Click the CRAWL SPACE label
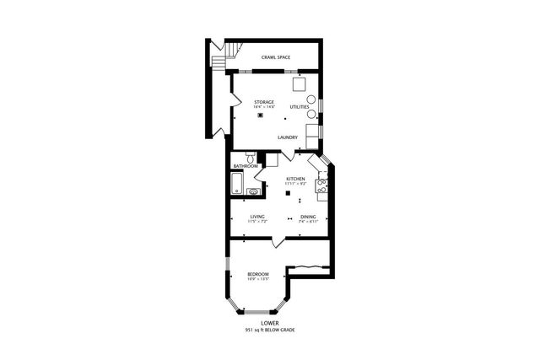click(276, 57)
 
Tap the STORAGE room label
click(264, 102)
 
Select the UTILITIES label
click(299, 107)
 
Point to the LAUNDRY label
click(288, 137)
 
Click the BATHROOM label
click(246, 166)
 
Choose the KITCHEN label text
click(294, 179)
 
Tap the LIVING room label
click(257, 217)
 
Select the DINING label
click(308, 217)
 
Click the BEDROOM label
click(257, 274)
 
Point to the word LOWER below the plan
click(269, 322)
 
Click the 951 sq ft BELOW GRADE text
click(269, 330)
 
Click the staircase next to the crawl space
click(219, 58)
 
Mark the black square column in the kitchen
click(289, 194)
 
